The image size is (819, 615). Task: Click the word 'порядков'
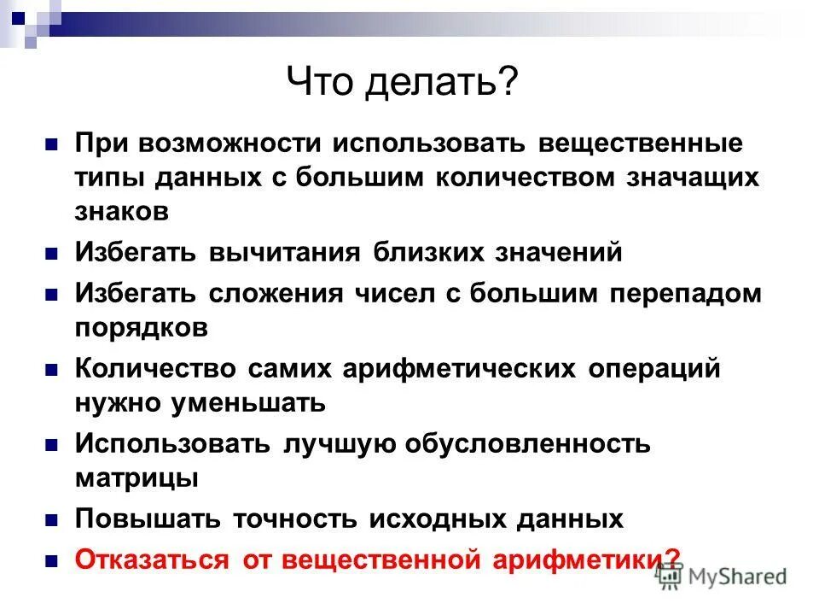click(142, 327)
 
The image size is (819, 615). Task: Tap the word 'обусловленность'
click(527, 444)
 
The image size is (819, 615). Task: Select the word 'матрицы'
click(137, 477)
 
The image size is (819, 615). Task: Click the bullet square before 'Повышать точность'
click(51, 518)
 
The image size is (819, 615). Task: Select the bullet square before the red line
click(51, 559)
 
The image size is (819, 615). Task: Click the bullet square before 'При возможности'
click(51, 143)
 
